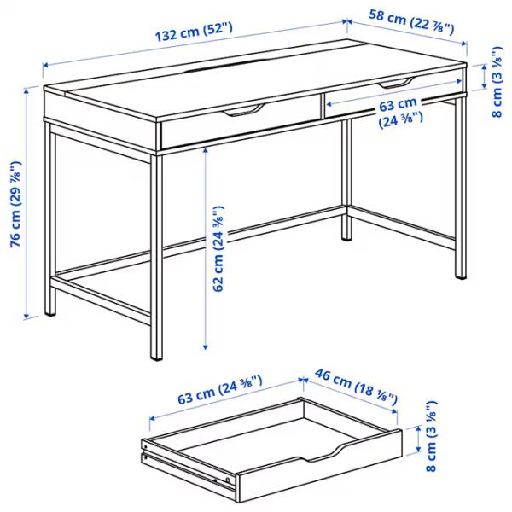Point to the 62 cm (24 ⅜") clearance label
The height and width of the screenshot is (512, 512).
pyautogui.click(x=218, y=247)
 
